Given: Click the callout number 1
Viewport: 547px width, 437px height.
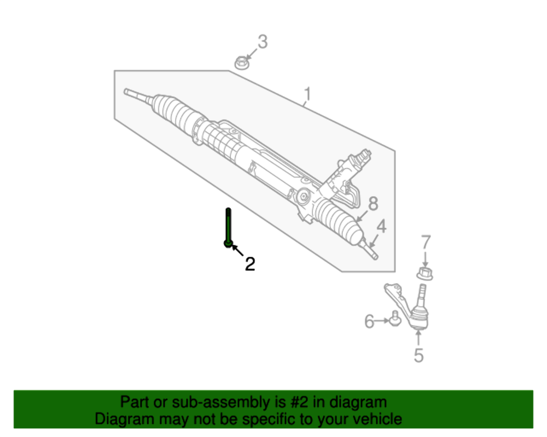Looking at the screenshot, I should [307, 95].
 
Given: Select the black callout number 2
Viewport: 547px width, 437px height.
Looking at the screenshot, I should [249, 264].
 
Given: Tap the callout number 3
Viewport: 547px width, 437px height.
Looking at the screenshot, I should [263, 42].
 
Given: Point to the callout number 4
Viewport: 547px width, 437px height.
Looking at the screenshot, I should [381, 226].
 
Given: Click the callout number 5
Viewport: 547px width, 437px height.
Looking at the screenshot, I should [418, 356].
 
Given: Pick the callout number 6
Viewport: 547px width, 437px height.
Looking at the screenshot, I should [369, 322].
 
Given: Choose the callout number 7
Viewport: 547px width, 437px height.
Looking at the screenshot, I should [426, 242].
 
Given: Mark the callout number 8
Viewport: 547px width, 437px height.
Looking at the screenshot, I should [373, 204].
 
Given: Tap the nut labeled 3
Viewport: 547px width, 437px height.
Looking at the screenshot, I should [241, 63].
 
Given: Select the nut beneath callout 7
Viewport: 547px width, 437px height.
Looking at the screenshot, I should [424, 273].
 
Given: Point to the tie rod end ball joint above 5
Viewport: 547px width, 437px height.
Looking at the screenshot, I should [420, 314].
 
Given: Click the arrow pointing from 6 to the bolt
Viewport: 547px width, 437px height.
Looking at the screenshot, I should [381, 322].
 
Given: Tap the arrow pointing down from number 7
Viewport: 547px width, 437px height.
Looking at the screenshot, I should [426, 258].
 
